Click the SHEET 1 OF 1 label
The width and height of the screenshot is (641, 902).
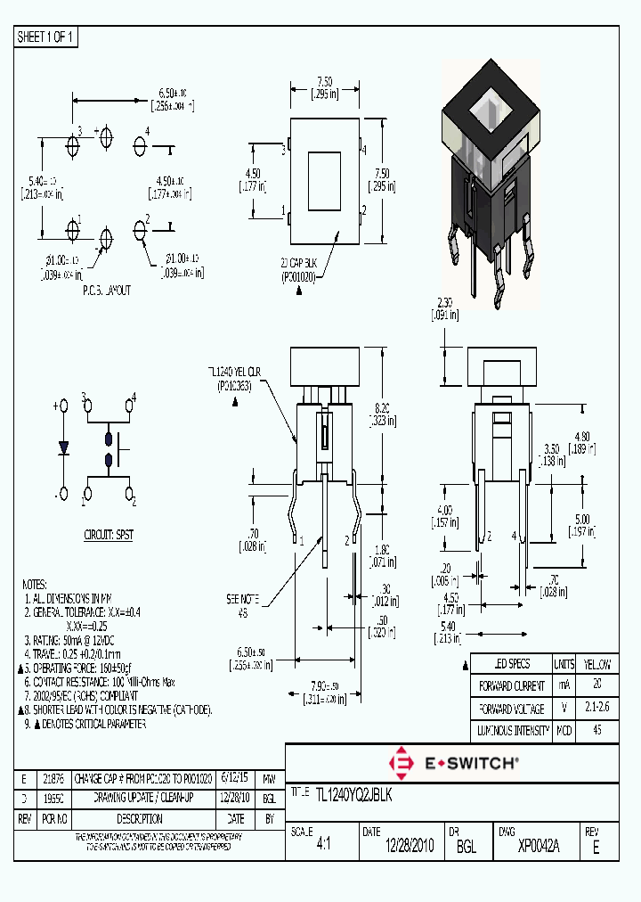(46, 37)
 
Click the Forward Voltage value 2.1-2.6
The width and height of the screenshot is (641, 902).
(596, 709)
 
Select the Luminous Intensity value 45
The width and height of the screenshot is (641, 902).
(596, 731)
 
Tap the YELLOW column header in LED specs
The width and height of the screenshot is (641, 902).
(596, 665)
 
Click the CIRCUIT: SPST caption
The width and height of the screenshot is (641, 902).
(110, 536)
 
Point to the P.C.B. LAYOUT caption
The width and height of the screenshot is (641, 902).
(106, 291)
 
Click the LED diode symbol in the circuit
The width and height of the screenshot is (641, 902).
(63, 448)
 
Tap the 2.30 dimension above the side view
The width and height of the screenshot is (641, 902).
(448, 308)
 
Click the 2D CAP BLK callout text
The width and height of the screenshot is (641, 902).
(299, 266)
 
